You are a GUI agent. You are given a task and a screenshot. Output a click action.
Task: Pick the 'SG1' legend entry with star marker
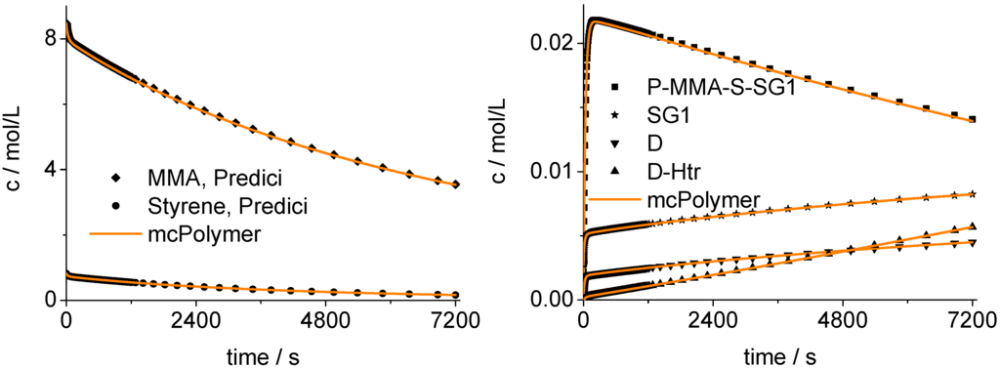coord(675,117)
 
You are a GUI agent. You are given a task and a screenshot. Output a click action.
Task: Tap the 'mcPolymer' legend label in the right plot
coord(704,200)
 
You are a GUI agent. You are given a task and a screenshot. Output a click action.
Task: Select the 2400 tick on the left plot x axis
coord(195,319)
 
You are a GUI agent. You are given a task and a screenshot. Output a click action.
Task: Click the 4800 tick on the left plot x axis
coord(325,319)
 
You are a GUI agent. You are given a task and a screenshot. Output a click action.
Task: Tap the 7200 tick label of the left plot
coord(455,319)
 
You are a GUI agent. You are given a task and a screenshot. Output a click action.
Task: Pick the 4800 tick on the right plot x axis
coord(844,319)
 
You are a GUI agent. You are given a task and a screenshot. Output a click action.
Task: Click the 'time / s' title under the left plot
coord(262,352)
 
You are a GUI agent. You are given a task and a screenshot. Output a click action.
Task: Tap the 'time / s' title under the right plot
coord(779,352)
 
